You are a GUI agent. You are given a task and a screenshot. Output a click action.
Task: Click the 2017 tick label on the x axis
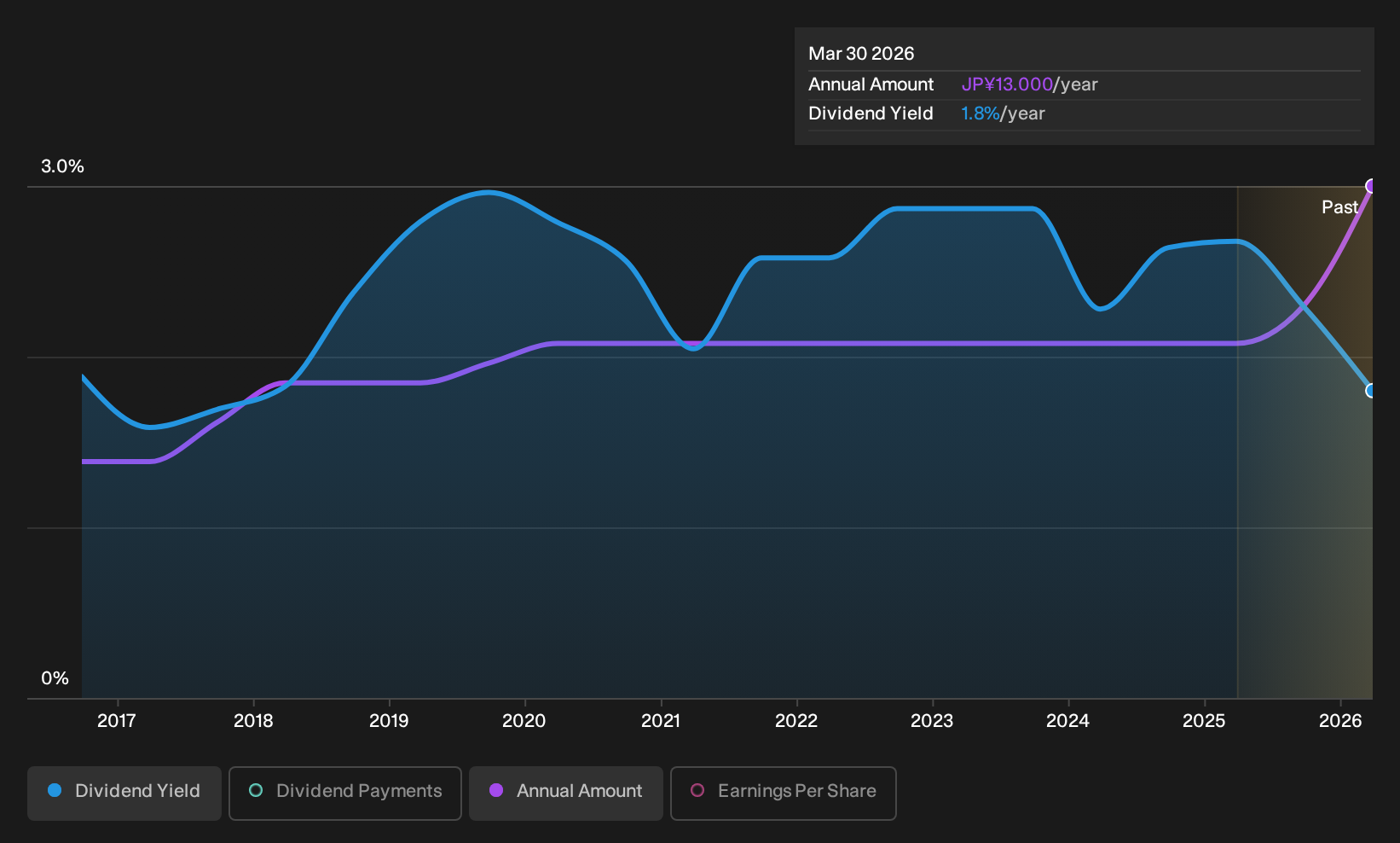117,721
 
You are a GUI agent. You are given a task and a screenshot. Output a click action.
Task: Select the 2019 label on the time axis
389,721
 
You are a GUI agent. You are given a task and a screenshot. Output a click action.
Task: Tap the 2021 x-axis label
661,721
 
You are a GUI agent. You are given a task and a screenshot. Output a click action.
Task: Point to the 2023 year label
932,721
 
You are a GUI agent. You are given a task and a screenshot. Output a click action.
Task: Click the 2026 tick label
1340,721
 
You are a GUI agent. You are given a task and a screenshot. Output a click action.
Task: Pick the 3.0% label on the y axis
62,166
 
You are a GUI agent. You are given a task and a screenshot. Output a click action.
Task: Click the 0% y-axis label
55,678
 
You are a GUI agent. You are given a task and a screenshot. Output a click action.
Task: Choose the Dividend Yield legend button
124,793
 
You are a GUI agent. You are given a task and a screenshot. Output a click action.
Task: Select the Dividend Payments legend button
345,793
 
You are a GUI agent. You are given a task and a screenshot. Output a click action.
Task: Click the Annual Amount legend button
565,793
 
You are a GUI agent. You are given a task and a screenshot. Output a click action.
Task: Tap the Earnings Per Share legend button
783,793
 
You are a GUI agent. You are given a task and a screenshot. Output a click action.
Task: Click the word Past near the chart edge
1340,207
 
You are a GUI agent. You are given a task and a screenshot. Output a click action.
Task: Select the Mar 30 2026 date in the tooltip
861,54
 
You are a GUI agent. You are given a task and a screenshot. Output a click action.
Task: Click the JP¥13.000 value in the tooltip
1007,84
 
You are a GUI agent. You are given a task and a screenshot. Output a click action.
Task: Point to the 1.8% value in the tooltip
980,113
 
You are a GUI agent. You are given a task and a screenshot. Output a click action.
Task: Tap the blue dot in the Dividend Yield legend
55,790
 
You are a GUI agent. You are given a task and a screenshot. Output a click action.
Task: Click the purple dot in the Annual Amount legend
496,790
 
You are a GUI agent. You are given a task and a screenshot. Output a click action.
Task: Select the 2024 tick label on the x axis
1068,721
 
